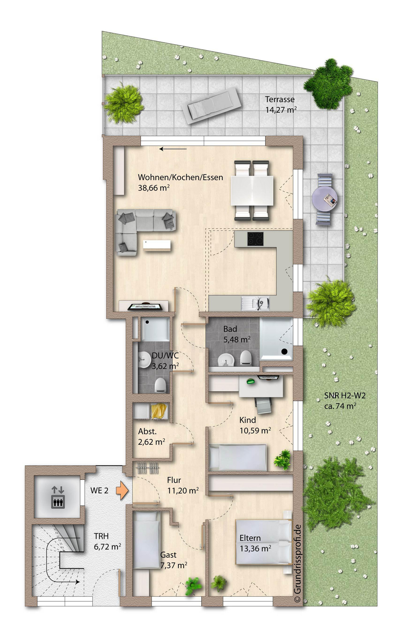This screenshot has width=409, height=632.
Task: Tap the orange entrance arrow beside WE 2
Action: tap(122, 491)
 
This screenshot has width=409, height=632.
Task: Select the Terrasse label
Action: tap(280, 99)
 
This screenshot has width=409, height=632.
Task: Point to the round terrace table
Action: tap(324, 199)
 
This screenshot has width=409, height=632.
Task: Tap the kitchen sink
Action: tap(255, 303)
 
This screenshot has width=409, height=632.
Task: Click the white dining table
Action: tap(252, 191)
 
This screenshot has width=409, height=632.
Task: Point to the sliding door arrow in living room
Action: tap(173, 149)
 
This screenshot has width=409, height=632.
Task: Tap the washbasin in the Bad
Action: tap(225, 360)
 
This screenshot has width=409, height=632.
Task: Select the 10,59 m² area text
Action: tap(255, 430)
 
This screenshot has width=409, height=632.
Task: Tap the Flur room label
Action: tap(174, 480)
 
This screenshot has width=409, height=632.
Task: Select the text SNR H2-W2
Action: tap(345, 396)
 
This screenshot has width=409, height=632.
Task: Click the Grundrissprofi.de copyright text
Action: tap(298, 564)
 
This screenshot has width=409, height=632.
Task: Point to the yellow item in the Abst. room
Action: tap(159, 411)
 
